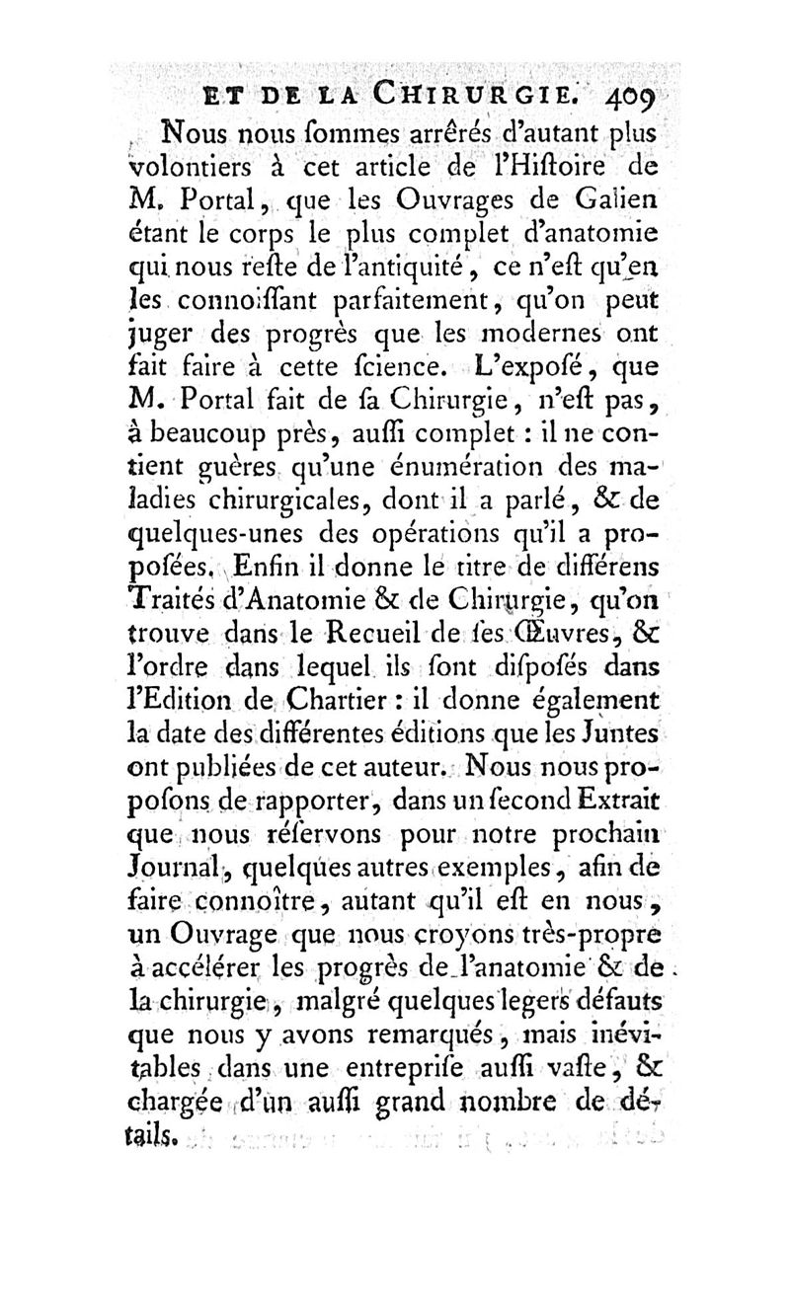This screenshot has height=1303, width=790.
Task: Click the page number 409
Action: click(x=638, y=99)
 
